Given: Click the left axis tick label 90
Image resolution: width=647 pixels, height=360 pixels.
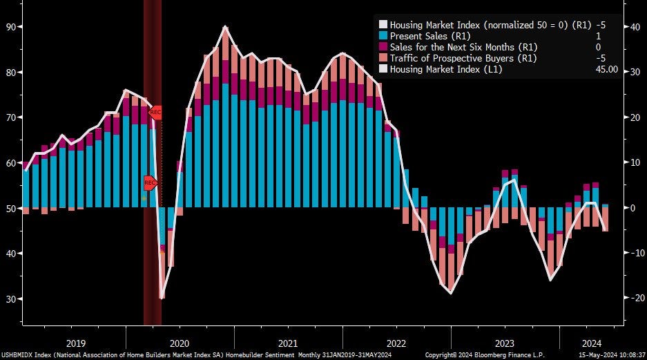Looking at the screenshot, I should click(11, 26).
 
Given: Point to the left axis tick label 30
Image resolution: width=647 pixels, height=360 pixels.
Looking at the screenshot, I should click(11, 299).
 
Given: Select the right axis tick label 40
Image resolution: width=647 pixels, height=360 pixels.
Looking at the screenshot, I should click(632, 26).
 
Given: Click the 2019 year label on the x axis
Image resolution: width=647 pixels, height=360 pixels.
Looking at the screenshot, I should click(75, 343).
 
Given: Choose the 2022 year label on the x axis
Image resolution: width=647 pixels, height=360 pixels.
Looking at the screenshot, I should click(396, 343).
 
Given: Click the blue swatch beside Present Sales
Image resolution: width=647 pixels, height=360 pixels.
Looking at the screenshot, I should click(383, 35).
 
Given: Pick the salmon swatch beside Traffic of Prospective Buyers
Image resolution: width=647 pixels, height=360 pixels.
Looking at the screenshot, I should click(383, 58).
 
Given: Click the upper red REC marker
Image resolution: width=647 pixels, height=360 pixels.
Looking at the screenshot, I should click(155, 112).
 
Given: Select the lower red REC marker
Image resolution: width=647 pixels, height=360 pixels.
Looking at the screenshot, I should click(151, 182).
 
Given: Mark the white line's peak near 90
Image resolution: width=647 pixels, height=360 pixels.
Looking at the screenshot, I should click(226, 27).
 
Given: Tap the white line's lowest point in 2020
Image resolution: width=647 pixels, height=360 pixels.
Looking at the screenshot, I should click(162, 298).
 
